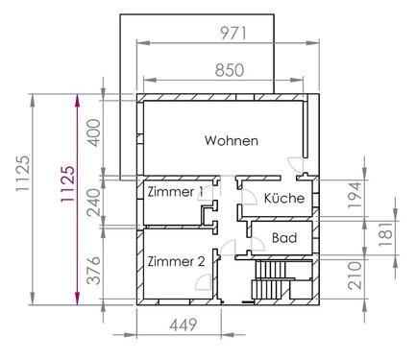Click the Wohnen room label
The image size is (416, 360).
coord(232,140)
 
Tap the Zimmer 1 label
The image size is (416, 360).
coord(175,192)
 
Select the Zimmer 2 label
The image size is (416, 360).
coord(176,261)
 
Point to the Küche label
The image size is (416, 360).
coord(284,198)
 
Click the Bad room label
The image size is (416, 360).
coord(284,238)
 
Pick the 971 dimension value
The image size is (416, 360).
coord(233,34)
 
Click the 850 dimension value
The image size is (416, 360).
coord(230,70)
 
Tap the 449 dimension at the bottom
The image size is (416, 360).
coord(183,325)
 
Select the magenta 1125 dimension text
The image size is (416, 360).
coord(68,184)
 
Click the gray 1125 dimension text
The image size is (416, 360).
coord(23,174)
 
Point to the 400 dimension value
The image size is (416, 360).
coord(94,132)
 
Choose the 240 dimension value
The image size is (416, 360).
coord(94,203)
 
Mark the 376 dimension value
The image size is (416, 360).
coord(94,271)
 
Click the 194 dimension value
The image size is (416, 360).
coord(355,195)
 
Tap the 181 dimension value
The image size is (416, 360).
coord(386,234)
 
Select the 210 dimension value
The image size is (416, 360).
coord(355,276)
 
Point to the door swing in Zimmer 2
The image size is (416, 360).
coord(203,282)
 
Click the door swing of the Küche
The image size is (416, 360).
coord(249,197)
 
